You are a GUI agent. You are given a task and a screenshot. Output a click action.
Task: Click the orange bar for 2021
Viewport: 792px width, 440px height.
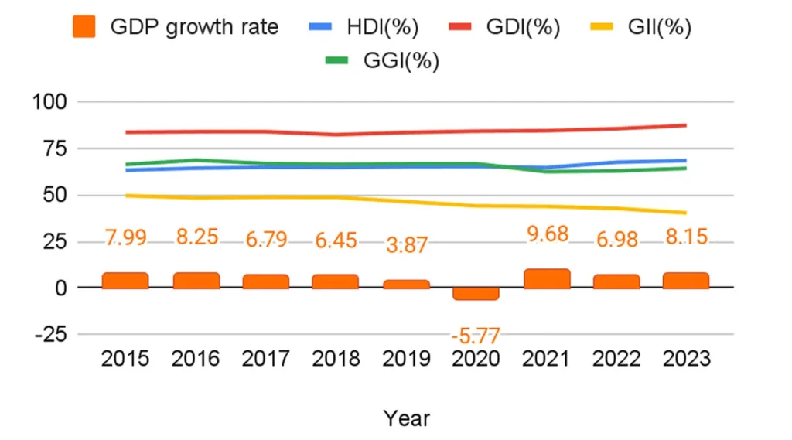(547, 279)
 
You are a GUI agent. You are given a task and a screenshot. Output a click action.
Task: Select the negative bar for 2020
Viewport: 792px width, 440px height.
(476, 294)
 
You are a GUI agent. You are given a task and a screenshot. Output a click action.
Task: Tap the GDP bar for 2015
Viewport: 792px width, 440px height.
(125, 281)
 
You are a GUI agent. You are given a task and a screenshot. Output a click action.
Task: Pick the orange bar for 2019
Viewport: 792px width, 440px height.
(406, 285)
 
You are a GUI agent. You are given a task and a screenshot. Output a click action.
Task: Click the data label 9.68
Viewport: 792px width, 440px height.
(548, 233)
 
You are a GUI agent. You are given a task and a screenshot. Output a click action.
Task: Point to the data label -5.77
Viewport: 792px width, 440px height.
(476, 336)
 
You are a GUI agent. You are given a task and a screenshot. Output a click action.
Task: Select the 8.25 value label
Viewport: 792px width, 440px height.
(196, 237)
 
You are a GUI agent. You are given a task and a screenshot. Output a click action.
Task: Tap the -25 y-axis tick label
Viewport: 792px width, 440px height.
(50, 335)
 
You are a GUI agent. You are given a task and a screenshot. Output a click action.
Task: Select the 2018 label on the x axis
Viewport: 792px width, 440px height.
(336, 360)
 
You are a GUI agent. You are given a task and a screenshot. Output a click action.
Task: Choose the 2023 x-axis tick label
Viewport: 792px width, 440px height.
(686, 360)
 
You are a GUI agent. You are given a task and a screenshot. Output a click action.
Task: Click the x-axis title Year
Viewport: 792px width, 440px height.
(406, 418)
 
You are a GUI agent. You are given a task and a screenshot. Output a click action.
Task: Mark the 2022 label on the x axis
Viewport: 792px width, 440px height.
(616, 360)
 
